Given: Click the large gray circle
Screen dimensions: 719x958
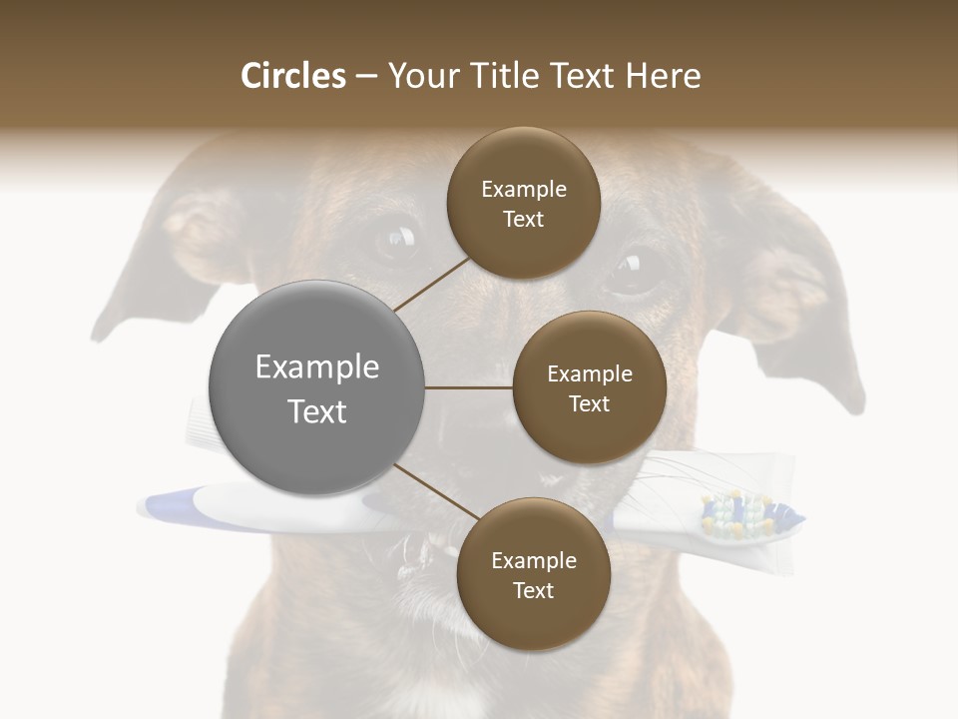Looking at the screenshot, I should point(316,387).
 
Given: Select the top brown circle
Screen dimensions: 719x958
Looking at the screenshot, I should point(523,204).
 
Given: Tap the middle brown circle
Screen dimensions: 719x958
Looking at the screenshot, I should point(589,387).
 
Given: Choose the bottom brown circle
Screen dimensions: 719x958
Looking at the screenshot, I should point(533,575).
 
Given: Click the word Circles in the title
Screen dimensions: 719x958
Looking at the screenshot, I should point(292,76).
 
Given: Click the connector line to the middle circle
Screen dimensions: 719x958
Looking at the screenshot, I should point(469,387).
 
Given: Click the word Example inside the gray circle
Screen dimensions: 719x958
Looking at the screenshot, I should point(316,367).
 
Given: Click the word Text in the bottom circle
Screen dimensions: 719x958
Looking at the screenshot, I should point(533,590).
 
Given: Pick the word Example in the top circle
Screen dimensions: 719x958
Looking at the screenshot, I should point(523,189).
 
